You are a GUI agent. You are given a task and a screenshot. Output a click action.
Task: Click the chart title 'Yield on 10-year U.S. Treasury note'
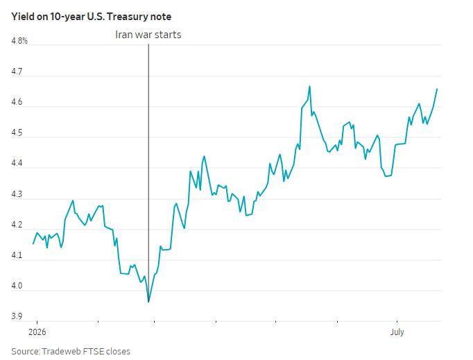(x=91, y=17)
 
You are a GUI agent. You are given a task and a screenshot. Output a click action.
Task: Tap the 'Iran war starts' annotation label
(x=148, y=35)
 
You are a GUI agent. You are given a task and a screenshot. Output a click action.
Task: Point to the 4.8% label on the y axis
(x=19, y=41)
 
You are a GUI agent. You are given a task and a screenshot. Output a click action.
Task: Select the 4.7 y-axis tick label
(x=17, y=71)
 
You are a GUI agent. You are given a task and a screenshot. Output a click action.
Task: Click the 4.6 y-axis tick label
(x=17, y=102)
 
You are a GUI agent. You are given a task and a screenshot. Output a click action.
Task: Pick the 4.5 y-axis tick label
(x=17, y=132)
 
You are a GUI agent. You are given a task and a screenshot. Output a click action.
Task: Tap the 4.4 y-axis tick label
(x=17, y=163)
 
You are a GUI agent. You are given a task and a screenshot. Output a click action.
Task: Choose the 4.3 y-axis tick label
(x=17, y=194)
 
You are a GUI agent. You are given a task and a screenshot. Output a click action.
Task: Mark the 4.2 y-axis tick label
(x=17, y=225)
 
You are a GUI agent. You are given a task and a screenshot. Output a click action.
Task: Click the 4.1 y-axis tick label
(x=17, y=255)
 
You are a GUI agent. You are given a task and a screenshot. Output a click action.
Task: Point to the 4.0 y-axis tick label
(x=17, y=286)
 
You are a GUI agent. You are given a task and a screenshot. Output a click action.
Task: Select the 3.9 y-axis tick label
(x=17, y=316)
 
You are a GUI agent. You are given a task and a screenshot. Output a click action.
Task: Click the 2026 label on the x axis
(x=37, y=332)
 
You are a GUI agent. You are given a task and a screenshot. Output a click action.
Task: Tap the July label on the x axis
(x=397, y=332)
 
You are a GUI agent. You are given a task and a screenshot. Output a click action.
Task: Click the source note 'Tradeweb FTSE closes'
(x=86, y=351)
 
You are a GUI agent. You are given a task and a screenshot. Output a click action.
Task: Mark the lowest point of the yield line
(x=148, y=302)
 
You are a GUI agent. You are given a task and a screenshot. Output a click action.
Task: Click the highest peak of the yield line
(x=309, y=86)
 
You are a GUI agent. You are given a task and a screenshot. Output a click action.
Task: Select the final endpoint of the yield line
(x=437, y=89)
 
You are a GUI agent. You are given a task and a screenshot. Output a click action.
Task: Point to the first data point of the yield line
(x=33, y=243)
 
